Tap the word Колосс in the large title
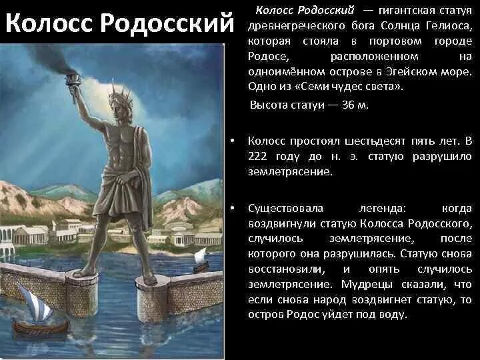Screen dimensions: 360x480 [49, 24]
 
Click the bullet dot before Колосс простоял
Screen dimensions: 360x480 [231, 141]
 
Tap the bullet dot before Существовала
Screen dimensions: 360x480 [231, 209]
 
